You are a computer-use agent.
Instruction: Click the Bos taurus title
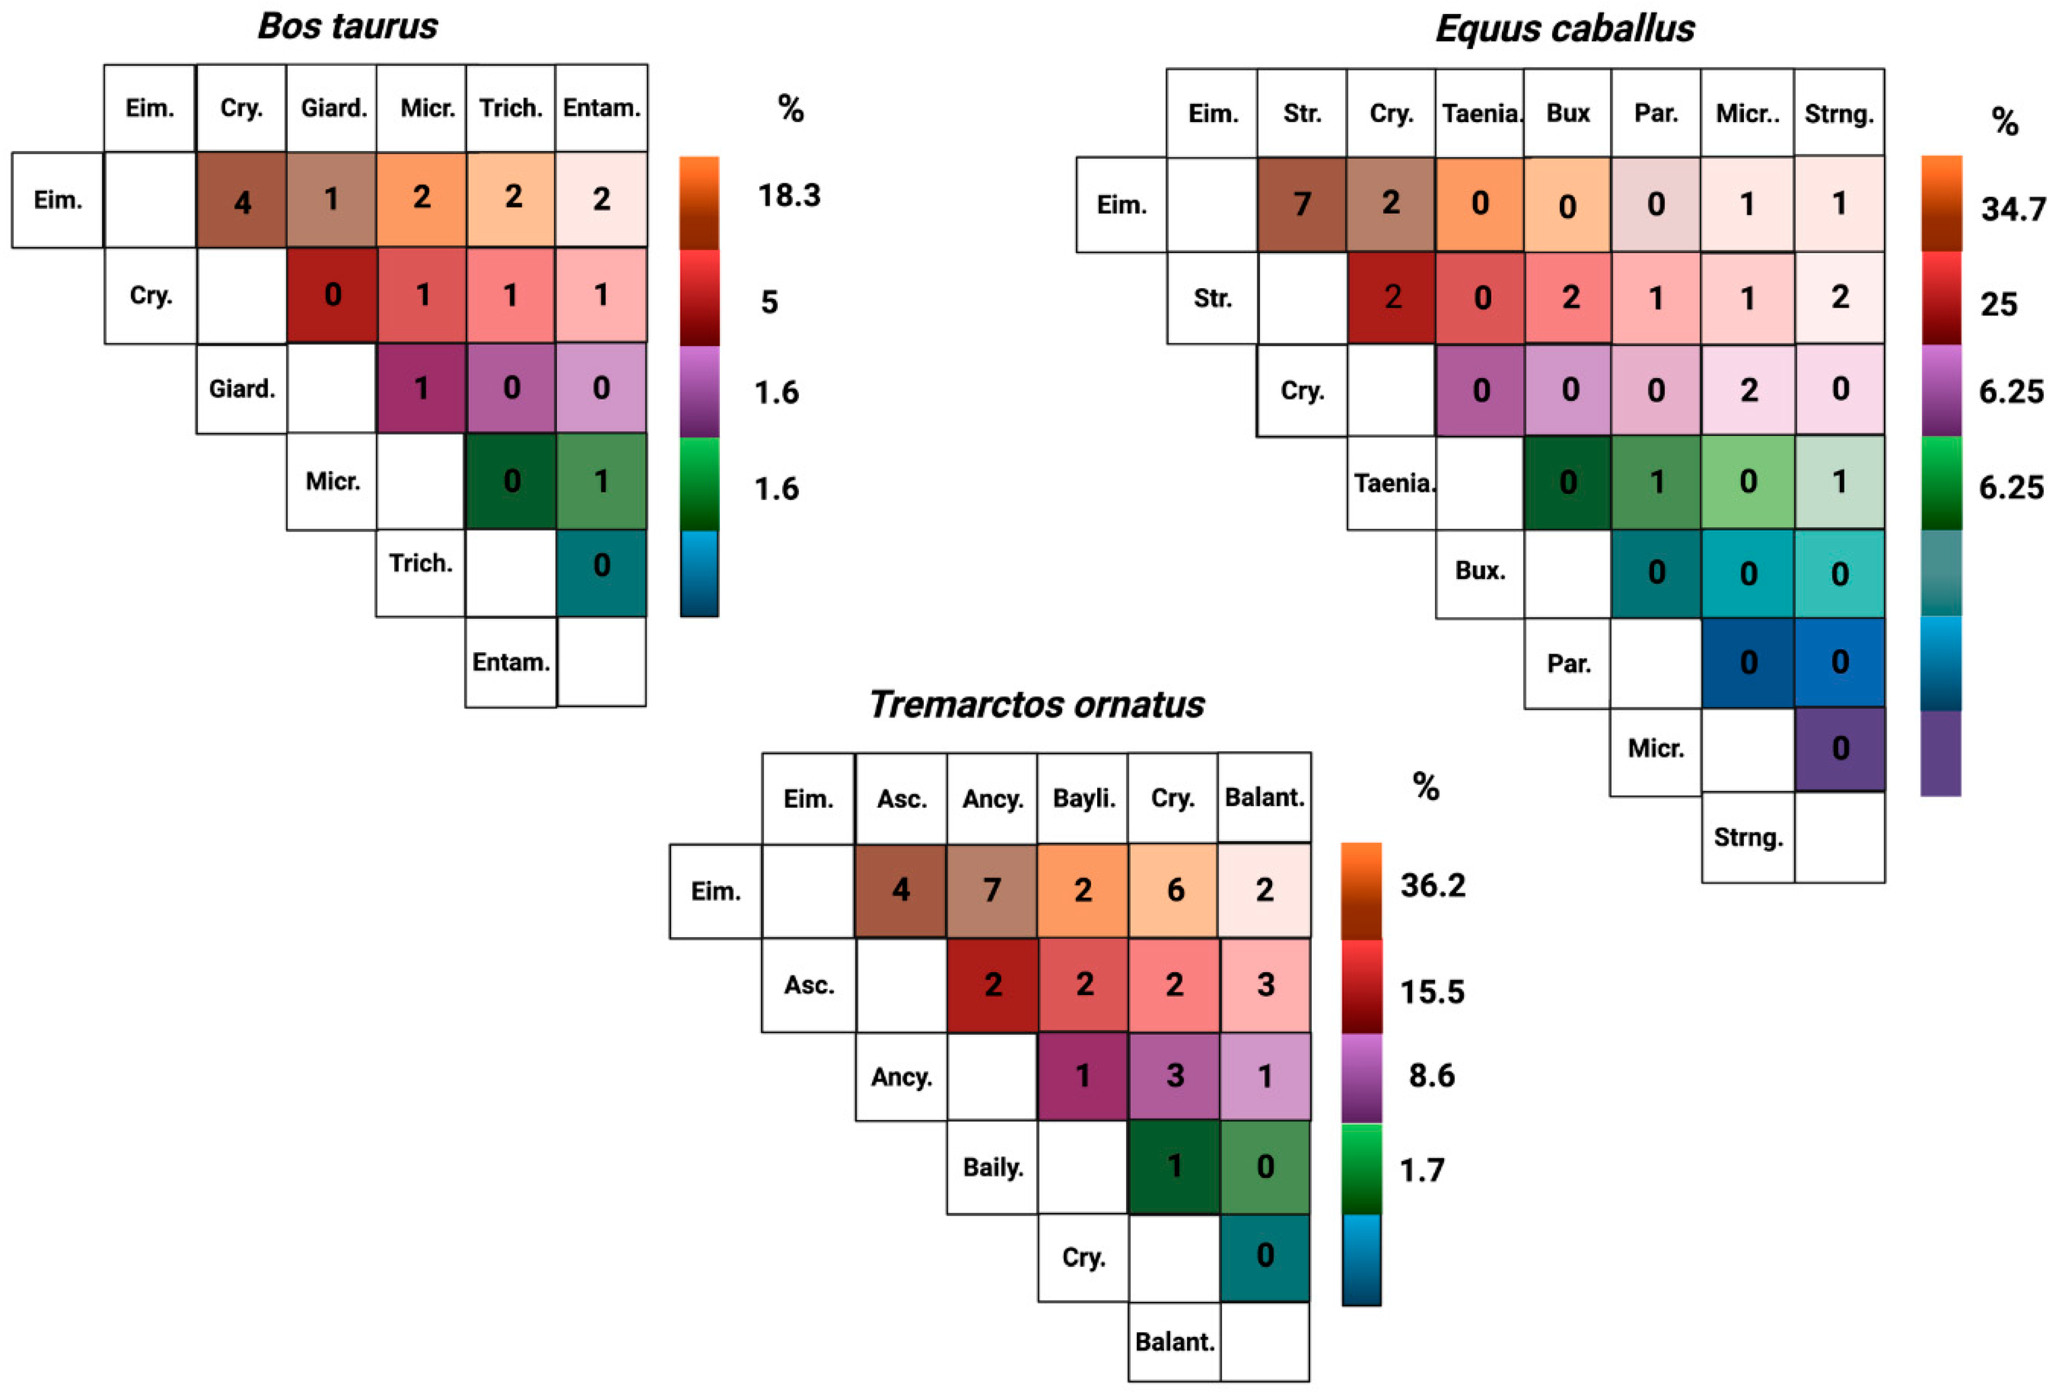pos(347,27)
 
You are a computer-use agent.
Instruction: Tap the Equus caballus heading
pos(1564,28)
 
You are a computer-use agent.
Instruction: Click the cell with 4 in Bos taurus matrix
pos(241,200)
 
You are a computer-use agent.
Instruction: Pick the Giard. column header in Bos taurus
pos(333,108)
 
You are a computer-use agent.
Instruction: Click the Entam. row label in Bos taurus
pos(511,662)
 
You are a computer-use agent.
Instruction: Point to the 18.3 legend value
pos(789,195)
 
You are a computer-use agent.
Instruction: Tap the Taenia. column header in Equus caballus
pos(1480,114)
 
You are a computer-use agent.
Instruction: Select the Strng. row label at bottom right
pos(1747,838)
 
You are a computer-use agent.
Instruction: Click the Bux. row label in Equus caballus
pos(1480,571)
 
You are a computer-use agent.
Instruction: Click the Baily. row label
pos(993,1167)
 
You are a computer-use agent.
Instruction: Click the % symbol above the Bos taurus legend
pos(790,109)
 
